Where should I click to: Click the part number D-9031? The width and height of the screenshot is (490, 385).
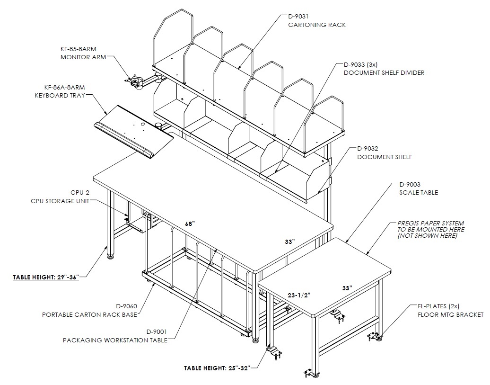coord(298,16)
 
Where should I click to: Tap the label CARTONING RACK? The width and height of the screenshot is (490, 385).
coord(317,25)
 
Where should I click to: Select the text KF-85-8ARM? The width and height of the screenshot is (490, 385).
coord(79,49)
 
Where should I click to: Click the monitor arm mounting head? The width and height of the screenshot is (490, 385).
coord(134,81)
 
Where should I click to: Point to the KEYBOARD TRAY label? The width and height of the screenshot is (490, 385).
coord(60,96)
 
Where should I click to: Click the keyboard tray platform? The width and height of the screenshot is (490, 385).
coord(134,132)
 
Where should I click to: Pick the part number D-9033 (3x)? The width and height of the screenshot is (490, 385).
coord(360,65)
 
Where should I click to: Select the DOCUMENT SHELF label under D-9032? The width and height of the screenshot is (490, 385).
coord(385,157)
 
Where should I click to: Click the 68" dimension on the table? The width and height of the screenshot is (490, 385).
coord(190,224)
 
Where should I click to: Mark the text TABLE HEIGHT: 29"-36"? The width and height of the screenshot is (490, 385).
coord(45,277)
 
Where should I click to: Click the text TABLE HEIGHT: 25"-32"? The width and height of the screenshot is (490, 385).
coord(217,368)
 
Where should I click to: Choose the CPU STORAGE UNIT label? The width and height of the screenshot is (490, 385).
coord(60,201)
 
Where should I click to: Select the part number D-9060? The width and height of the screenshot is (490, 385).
coord(127,306)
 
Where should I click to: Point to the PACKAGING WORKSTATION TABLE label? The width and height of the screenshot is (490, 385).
coord(115,340)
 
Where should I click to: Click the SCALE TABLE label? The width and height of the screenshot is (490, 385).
coord(419,192)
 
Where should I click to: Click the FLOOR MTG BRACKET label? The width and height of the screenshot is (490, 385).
coord(450,314)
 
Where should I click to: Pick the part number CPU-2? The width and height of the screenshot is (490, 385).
coord(80,192)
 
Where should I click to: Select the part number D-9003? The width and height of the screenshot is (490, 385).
coord(410,184)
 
